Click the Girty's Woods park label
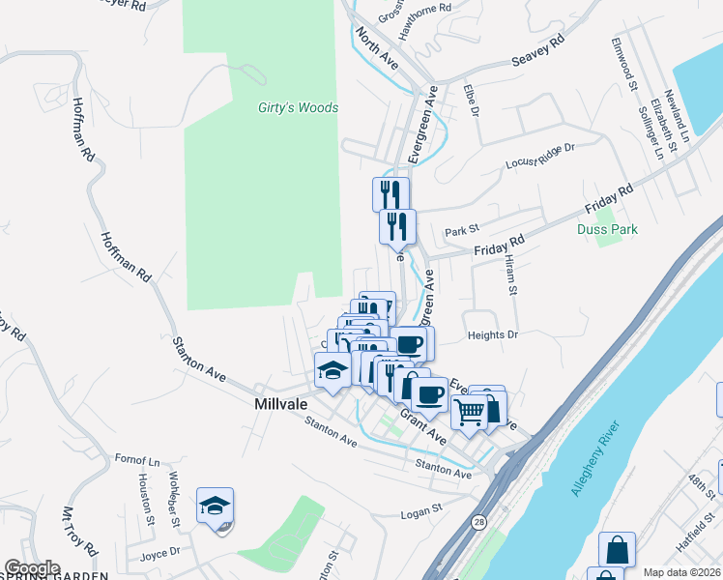pos(298,107)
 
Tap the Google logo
pos(31,568)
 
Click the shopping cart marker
pos(470,411)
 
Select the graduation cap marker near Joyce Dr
pos(216,506)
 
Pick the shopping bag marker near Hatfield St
pos(617,550)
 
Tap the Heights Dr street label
pos(493,334)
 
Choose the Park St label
pos(462,232)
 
